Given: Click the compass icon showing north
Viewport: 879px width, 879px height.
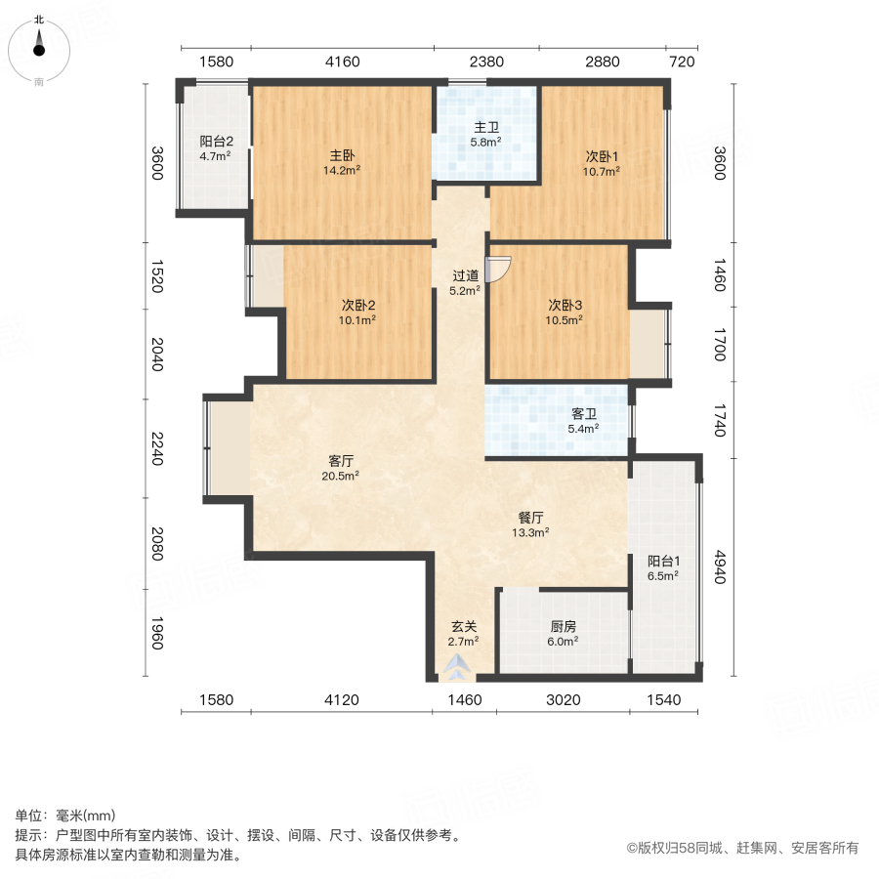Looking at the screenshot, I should [39, 50].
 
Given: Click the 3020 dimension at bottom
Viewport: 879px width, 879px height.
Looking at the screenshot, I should [563, 699].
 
